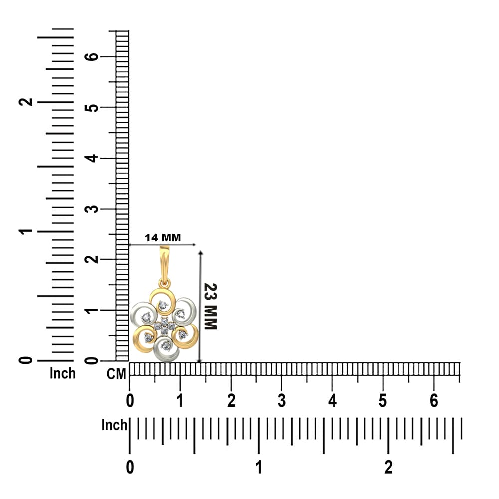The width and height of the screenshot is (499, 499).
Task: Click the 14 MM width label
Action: click(x=163, y=238)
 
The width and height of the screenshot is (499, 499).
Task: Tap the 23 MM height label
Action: click(x=211, y=306)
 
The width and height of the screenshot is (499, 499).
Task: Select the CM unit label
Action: click(x=116, y=374)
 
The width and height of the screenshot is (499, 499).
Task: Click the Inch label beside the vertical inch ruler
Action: click(x=63, y=373)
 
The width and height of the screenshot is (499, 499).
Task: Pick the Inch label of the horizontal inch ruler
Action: click(x=114, y=425)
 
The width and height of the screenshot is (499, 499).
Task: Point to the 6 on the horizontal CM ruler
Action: click(x=434, y=401)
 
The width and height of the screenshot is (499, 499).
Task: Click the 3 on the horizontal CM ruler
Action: click(x=281, y=401)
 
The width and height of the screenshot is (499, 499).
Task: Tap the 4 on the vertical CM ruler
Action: click(x=92, y=158)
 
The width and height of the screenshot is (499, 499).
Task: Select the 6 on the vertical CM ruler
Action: click(x=92, y=57)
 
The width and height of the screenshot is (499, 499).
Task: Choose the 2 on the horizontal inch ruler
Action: click(x=388, y=467)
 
